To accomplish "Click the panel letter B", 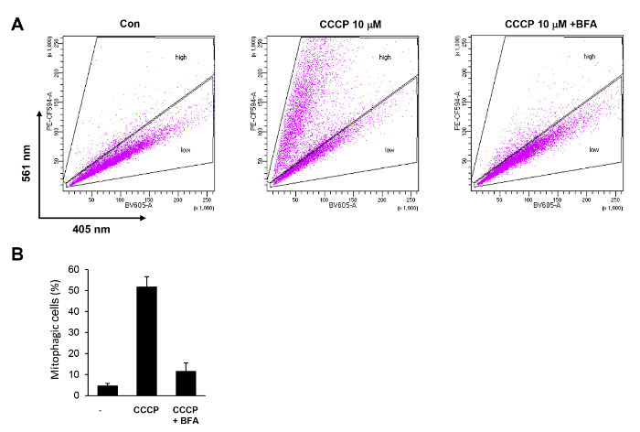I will [x=16, y=253].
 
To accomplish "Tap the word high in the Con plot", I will [x=181, y=57].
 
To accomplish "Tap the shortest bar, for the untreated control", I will [x=107, y=391].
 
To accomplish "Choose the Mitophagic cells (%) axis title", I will [x=57, y=332].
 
